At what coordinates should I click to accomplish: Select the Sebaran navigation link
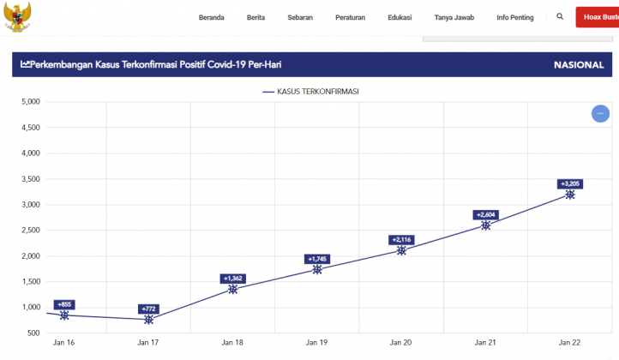[300, 17]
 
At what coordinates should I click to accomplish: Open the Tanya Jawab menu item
[454, 17]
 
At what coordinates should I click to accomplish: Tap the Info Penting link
[514, 17]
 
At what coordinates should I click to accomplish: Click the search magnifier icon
[560, 16]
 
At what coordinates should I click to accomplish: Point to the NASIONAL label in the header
[579, 65]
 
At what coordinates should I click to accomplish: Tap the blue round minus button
[600, 113]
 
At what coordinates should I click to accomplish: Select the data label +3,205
[570, 183]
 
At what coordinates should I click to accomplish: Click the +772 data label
[149, 309]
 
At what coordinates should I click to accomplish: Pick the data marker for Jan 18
[233, 289]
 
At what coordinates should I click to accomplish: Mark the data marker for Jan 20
[401, 250]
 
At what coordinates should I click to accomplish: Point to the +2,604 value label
[485, 214]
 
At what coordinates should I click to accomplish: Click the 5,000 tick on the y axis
[31, 102]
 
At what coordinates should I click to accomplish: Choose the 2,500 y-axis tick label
[31, 231]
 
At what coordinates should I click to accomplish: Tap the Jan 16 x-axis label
[64, 343]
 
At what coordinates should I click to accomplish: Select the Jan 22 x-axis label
[569, 343]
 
